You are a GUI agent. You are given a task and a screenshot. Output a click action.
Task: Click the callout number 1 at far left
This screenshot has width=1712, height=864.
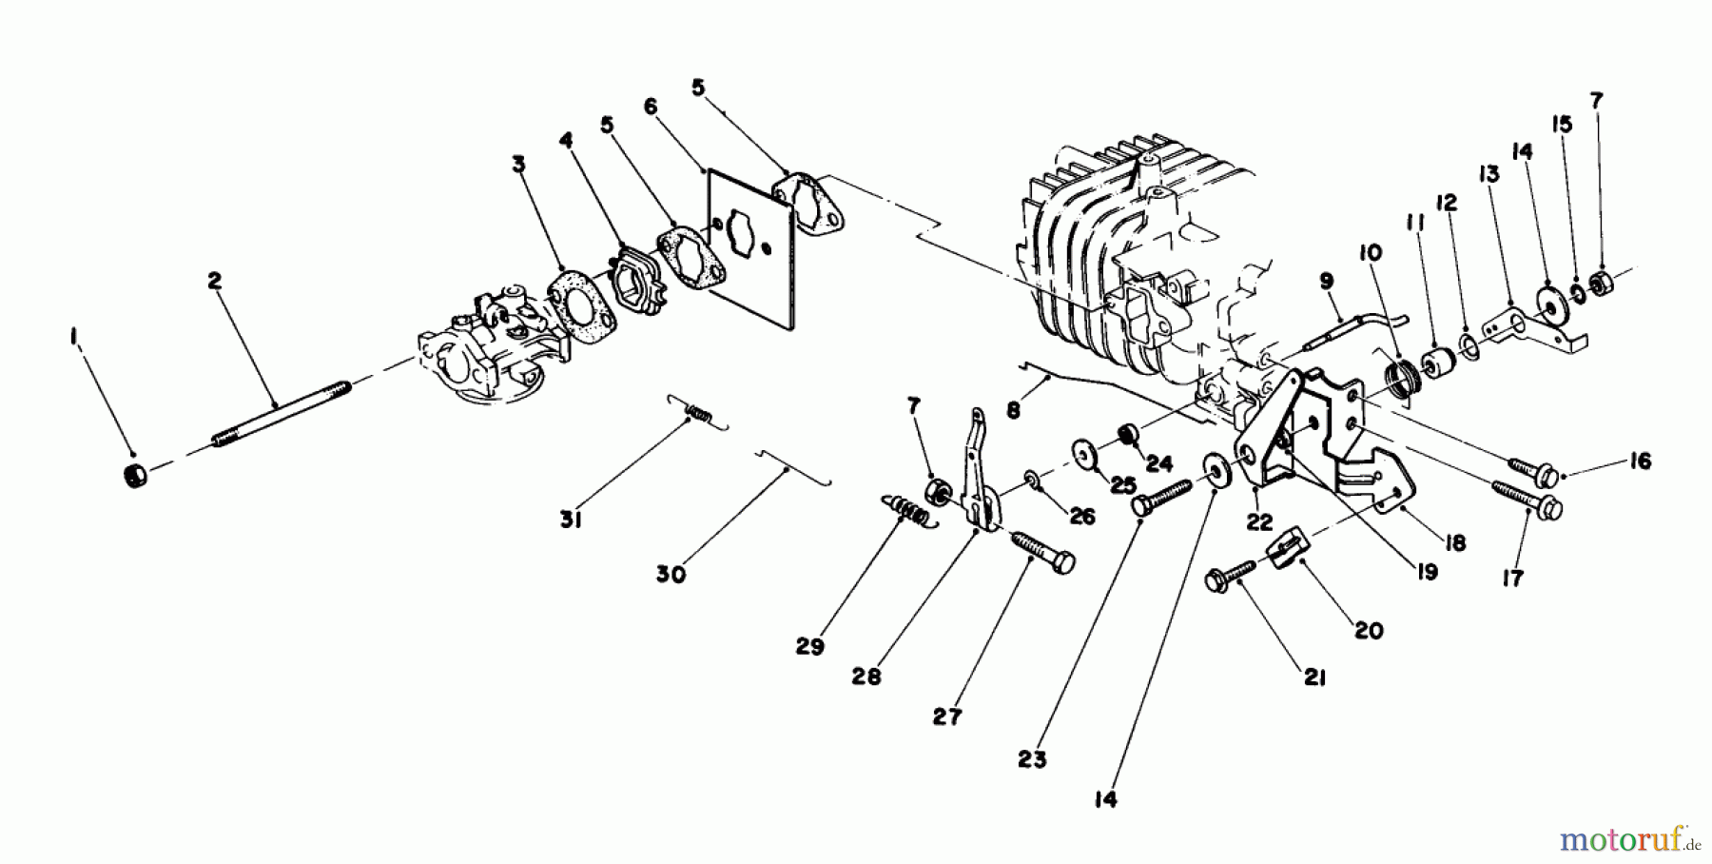pyautogui.click(x=73, y=339)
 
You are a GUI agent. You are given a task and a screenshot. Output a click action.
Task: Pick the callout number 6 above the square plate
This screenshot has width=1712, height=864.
pyautogui.click(x=651, y=107)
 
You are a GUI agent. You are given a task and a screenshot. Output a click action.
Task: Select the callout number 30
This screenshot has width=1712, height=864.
pyautogui.click(x=671, y=575)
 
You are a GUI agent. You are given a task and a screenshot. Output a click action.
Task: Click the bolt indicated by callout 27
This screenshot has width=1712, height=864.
pyautogui.click(x=1043, y=552)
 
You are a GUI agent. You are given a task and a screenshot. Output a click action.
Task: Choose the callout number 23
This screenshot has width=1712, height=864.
pyautogui.click(x=1032, y=759)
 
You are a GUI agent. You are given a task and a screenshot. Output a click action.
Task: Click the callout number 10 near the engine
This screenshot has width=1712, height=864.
pyautogui.click(x=1371, y=253)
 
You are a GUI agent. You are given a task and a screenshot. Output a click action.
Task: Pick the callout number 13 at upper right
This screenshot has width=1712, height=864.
pyautogui.click(x=1488, y=174)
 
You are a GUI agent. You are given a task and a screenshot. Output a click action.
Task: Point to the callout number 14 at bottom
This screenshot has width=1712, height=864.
pyautogui.click(x=1104, y=801)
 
